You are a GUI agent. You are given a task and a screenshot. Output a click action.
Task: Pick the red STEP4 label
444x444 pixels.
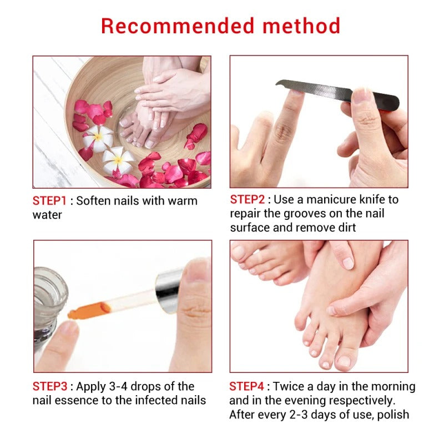[247, 386]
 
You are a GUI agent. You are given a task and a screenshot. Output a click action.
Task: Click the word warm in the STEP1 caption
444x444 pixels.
[180, 201]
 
